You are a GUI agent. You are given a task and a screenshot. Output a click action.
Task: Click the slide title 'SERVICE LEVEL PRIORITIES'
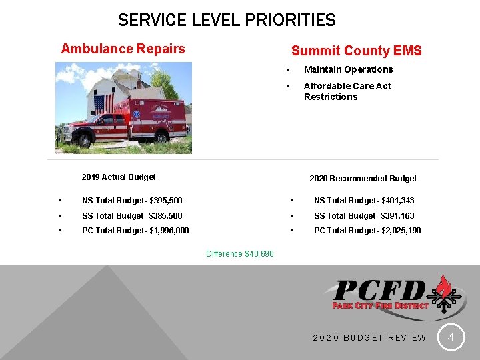pyautogui.click(x=226, y=20)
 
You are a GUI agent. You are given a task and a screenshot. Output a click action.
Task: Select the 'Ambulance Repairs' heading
pyautogui.click(x=123, y=49)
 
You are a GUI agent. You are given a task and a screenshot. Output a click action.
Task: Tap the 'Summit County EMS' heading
pyautogui.click(x=356, y=51)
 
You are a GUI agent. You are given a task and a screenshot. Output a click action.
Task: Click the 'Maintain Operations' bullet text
pyautogui.click(x=348, y=69)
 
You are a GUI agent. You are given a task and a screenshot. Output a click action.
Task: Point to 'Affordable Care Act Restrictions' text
pyautogui.click(x=347, y=91)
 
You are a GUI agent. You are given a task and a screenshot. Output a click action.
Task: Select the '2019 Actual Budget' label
pyautogui.click(x=118, y=177)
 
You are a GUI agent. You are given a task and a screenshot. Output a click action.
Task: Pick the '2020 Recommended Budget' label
pyautogui.click(x=363, y=179)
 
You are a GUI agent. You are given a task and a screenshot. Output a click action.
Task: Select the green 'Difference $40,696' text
pyautogui.click(x=240, y=254)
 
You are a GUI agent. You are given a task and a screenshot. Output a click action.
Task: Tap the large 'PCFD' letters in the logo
pyautogui.click(x=379, y=291)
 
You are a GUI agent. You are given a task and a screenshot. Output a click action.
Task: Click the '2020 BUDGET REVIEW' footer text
pyautogui.click(x=369, y=338)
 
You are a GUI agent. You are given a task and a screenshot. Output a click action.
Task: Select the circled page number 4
pyautogui.click(x=451, y=338)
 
